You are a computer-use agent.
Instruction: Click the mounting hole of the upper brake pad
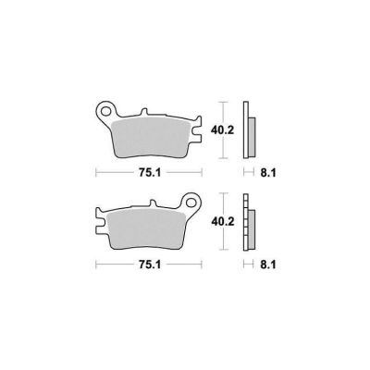tap(107, 110)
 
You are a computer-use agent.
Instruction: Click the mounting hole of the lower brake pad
tap(191, 203)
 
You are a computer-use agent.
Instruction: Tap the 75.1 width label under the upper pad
tap(150, 173)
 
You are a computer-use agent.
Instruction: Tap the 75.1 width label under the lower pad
tap(150, 265)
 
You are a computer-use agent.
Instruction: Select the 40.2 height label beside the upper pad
tap(223, 130)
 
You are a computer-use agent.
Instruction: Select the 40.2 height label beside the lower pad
tap(223, 222)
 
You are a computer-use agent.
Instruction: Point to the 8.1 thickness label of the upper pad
tap(268, 173)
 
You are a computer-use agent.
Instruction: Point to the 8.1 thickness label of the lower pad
tap(268, 265)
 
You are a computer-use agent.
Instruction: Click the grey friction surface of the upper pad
tap(151, 137)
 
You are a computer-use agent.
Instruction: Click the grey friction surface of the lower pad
tap(145, 229)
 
